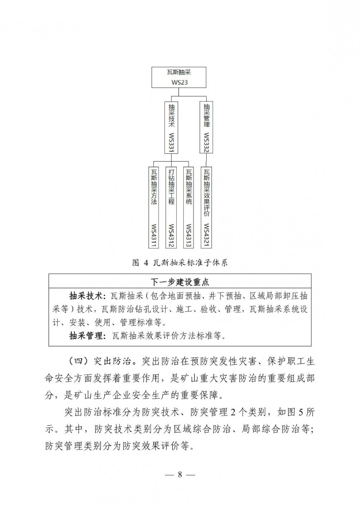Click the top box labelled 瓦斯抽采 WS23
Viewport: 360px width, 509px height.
(x=179, y=77)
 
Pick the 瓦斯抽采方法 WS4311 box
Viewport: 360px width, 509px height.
(x=154, y=207)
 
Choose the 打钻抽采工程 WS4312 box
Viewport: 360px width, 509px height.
(x=171, y=207)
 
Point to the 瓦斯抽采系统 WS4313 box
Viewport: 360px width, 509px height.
(x=189, y=207)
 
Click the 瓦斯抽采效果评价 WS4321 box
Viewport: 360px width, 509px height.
(x=206, y=207)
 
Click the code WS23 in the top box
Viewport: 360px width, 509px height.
(x=179, y=82)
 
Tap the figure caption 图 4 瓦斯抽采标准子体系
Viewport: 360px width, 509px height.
(x=180, y=262)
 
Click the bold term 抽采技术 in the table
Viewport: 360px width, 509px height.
(x=85, y=296)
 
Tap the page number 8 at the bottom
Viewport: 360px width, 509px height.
(x=180, y=474)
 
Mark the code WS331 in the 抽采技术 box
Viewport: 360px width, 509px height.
(x=171, y=142)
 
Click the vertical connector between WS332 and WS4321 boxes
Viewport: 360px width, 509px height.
(x=206, y=160)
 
